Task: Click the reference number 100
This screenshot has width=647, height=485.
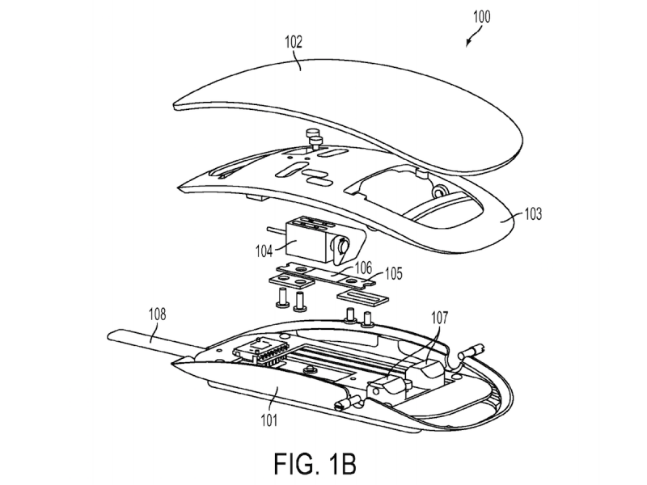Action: pyautogui.click(x=481, y=17)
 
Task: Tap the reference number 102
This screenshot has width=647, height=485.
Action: pyautogui.click(x=294, y=42)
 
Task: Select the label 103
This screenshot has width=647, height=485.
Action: pyautogui.click(x=533, y=214)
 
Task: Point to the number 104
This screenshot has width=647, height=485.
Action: pyautogui.click(x=264, y=251)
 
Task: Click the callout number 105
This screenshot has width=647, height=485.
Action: pyautogui.click(x=393, y=273)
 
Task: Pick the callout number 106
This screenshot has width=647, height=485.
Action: pyautogui.click(x=363, y=268)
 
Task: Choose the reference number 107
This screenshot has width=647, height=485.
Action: pyautogui.click(x=439, y=318)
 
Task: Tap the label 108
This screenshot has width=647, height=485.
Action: pyautogui.click(x=157, y=314)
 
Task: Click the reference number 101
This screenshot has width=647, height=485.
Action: pyautogui.click(x=269, y=420)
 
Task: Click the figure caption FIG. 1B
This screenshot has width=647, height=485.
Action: pyautogui.click(x=315, y=463)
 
